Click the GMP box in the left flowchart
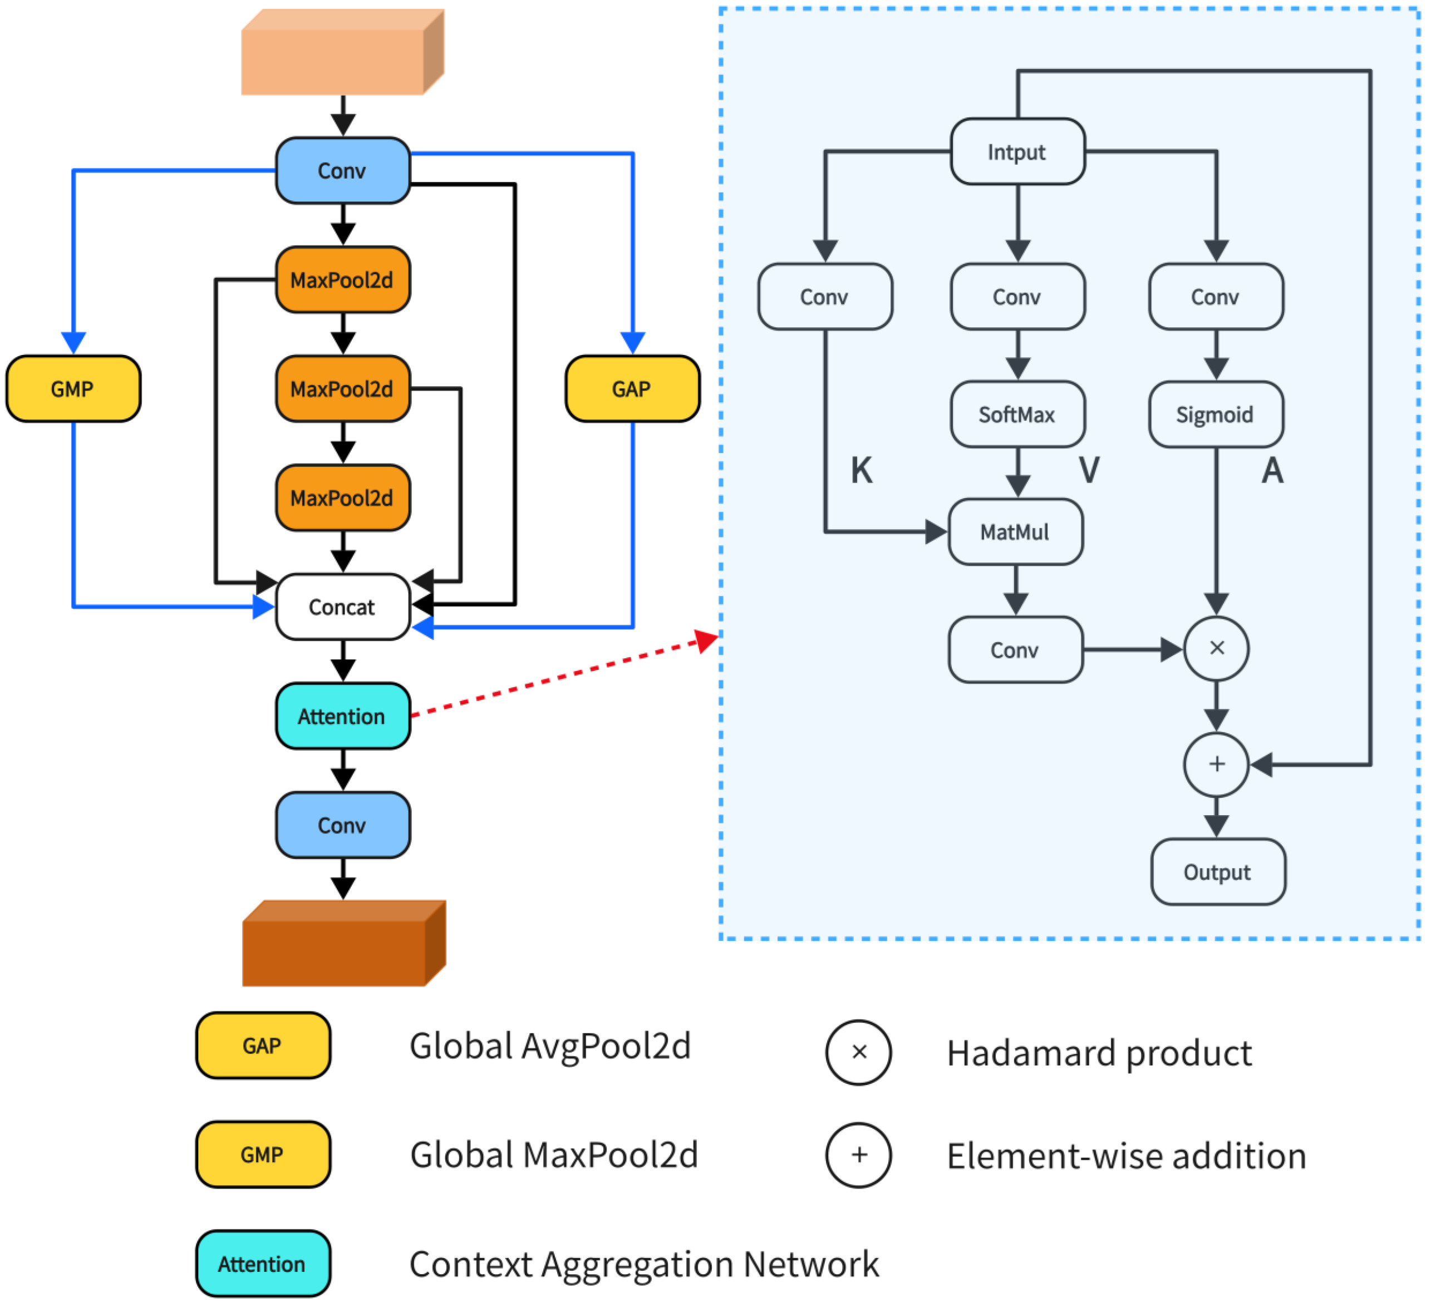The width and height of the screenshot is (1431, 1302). [x=73, y=389]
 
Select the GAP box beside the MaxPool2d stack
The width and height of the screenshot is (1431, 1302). [x=632, y=389]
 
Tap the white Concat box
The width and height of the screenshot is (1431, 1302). [x=343, y=606]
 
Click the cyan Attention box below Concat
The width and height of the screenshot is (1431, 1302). [x=343, y=716]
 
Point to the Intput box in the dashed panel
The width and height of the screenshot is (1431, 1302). [x=1017, y=152]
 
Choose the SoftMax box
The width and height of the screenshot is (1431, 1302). [x=1017, y=415]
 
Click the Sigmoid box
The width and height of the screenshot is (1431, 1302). [x=1215, y=415]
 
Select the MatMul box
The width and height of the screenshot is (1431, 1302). [x=1015, y=532]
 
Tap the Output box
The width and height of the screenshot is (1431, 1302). [x=1217, y=872]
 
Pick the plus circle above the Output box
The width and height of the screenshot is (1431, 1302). [x=1217, y=764]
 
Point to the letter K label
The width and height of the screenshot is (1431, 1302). [x=862, y=470]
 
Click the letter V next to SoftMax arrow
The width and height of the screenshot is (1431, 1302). [x=1089, y=470]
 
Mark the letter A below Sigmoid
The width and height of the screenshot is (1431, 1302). [x=1272, y=470]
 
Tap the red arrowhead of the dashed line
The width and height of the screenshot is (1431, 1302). [x=706, y=640]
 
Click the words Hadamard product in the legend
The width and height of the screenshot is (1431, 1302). [x=1099, y=1053]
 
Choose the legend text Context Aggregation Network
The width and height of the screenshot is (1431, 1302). [x=644, y=1264]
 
